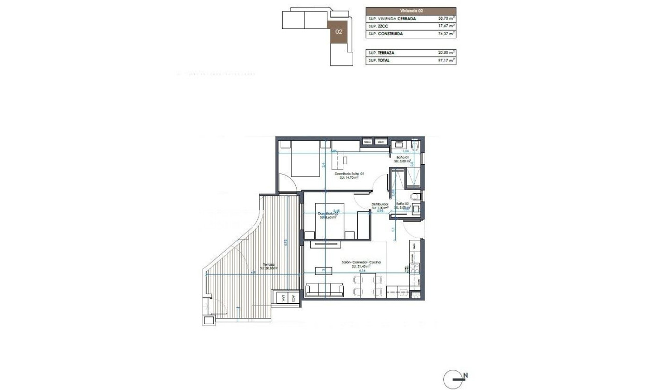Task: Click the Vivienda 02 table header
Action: [x=411, y=10]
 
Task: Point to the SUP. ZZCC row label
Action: [x=377, y=26]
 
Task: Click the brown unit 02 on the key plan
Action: [x=339, y=32]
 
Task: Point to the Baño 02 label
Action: [x=402, y=204]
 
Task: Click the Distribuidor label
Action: [x=380, y=205]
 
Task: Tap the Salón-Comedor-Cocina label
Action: [x=361, y=263]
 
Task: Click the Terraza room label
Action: [x=269, y=265]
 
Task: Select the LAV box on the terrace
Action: [x=283, y=298]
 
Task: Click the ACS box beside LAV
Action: [x=293, y=298]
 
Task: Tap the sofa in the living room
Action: [x=325, y=289]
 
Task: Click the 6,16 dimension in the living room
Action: [x=362, y=270]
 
